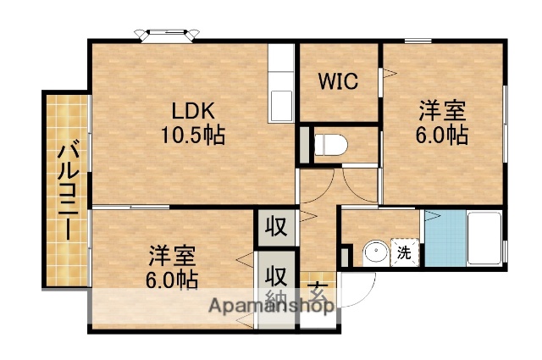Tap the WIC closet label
(338, 81)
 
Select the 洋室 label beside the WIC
(442, 111)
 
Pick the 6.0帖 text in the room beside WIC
(442, 134)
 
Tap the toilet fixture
(330, 144)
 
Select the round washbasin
(374, 252)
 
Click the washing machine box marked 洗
(405, 252)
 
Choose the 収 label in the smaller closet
(274, 226)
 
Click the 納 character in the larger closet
(276, 299)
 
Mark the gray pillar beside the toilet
(304, 145)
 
